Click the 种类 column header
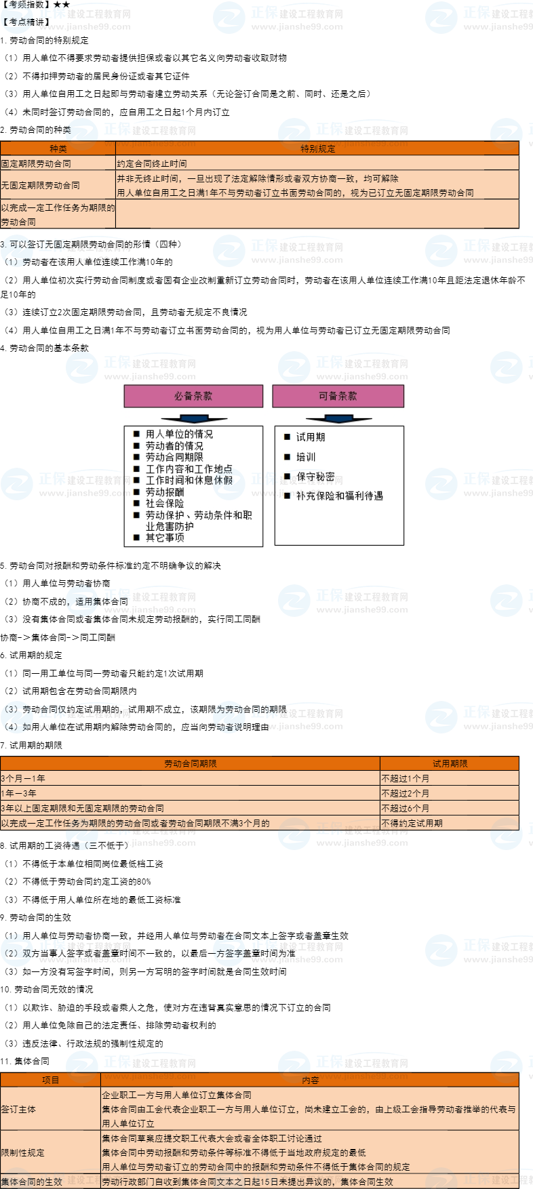click(x=58, y=148)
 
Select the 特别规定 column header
click(x=317, y=148)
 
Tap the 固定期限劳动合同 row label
click(x=37, y=163)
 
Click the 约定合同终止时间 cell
click(x=152, y=163)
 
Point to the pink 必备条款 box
click(x=193, y=396)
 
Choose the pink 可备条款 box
click(x=338, y=396)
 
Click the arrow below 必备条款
click(x=193, y=418)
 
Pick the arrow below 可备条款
click(x=338, y=418)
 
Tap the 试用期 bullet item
click(x=310, y=437)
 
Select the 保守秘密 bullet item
click(x=315, y=477)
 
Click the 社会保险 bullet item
click(x=164, y=503)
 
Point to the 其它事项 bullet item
click(x=164, y=538)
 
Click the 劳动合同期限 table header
click(x=191, y=763)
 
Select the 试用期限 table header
click(x=450, y=763)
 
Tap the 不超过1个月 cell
click(x=406, y=778)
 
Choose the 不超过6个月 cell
click(x=406, y=808)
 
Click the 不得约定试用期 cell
click(x=412, y=823)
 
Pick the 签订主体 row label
click(x=19, y=1109)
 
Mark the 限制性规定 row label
click(x=23, y=1152)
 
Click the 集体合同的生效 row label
click(x=32, y=1182)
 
